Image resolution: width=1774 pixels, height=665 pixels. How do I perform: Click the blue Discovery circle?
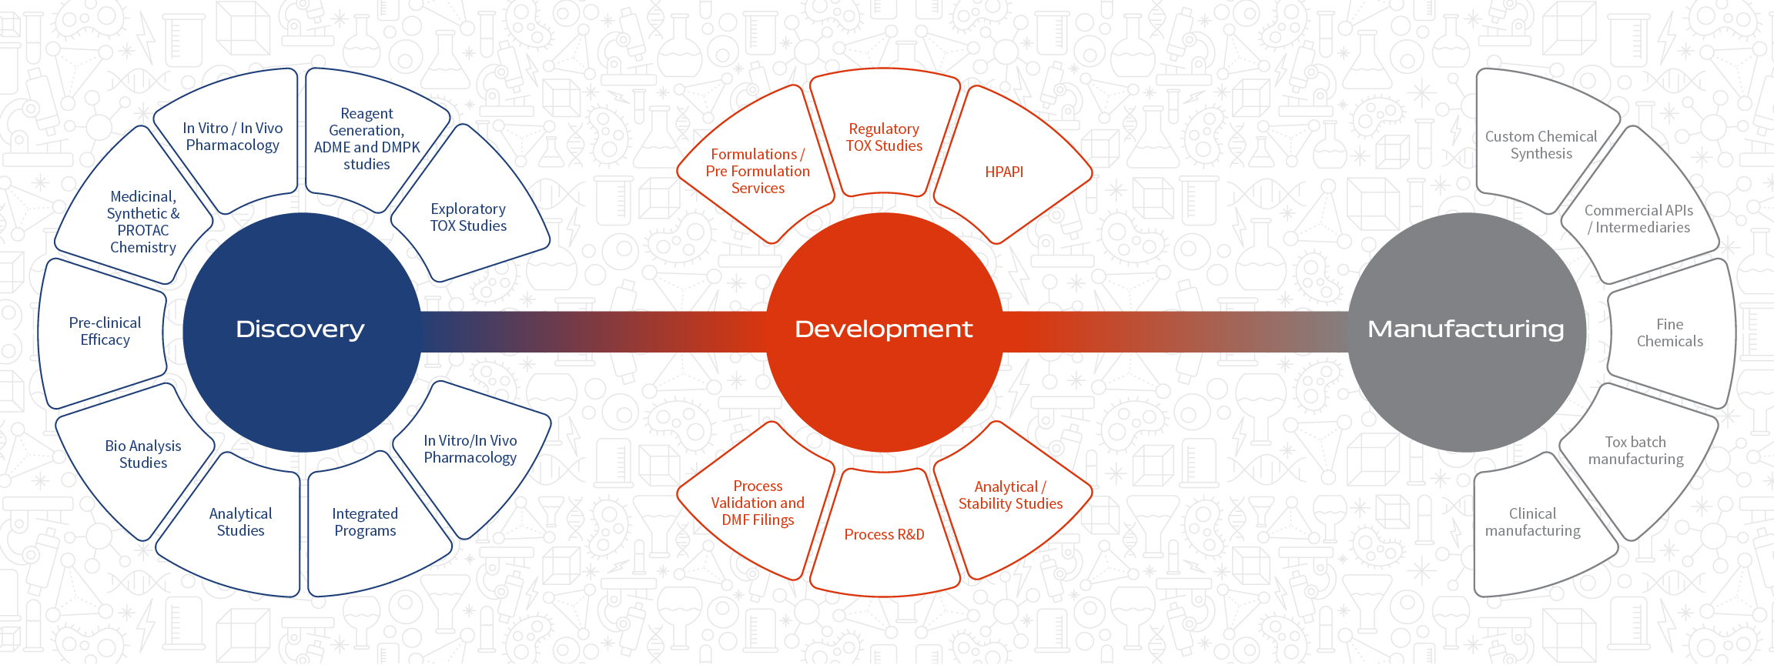303,332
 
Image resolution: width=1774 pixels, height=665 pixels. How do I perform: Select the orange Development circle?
885,332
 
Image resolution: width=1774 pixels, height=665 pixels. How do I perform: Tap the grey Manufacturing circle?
1467,332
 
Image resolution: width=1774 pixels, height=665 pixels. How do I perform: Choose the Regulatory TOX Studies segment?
885,135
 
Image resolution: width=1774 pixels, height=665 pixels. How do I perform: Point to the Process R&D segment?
885,533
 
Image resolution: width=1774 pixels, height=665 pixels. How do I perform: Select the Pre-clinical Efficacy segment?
104,332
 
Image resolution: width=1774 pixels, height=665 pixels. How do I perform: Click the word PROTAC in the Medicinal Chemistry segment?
143,230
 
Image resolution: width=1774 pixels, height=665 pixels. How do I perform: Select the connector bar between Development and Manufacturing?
1176,332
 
